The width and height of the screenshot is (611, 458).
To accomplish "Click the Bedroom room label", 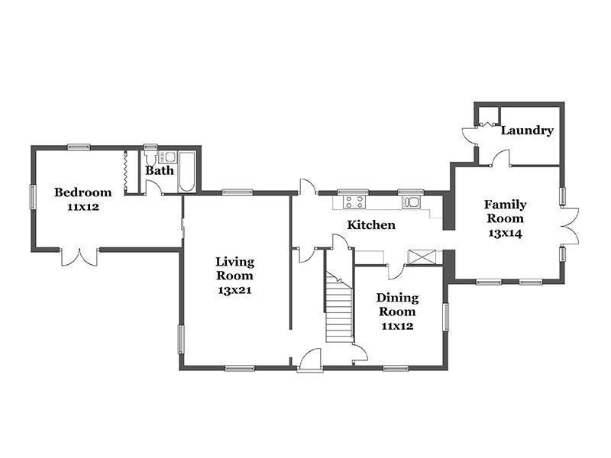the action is [82, 192].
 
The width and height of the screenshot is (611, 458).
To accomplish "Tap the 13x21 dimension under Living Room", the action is [234, 290].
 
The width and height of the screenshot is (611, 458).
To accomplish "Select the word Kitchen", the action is [371, 224].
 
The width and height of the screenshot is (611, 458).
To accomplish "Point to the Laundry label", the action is [527, 131].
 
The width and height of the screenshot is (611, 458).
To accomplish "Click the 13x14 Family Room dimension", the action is [505, 234].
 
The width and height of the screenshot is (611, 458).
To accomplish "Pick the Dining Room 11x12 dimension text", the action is [397, 326].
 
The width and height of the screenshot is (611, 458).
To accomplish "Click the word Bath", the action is [160, 170].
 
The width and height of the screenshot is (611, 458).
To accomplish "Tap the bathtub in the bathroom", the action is [187, 171].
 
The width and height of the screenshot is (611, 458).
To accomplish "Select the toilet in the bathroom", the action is [150, 158].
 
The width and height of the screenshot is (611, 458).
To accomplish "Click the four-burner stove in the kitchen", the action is [354, 202].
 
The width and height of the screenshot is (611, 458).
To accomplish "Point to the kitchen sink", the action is [412, 202].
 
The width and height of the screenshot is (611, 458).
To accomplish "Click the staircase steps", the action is [339, 308].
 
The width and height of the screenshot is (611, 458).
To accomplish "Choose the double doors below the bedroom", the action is [79, 257].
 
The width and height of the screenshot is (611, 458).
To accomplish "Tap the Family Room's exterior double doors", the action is [570, 226].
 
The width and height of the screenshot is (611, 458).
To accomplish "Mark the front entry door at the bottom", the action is [310, 360].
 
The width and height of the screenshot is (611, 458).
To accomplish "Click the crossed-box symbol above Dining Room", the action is [422, 257].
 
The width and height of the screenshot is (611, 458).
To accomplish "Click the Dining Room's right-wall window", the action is [446, 318].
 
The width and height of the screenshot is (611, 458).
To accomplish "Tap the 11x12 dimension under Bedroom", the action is [82, 207].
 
